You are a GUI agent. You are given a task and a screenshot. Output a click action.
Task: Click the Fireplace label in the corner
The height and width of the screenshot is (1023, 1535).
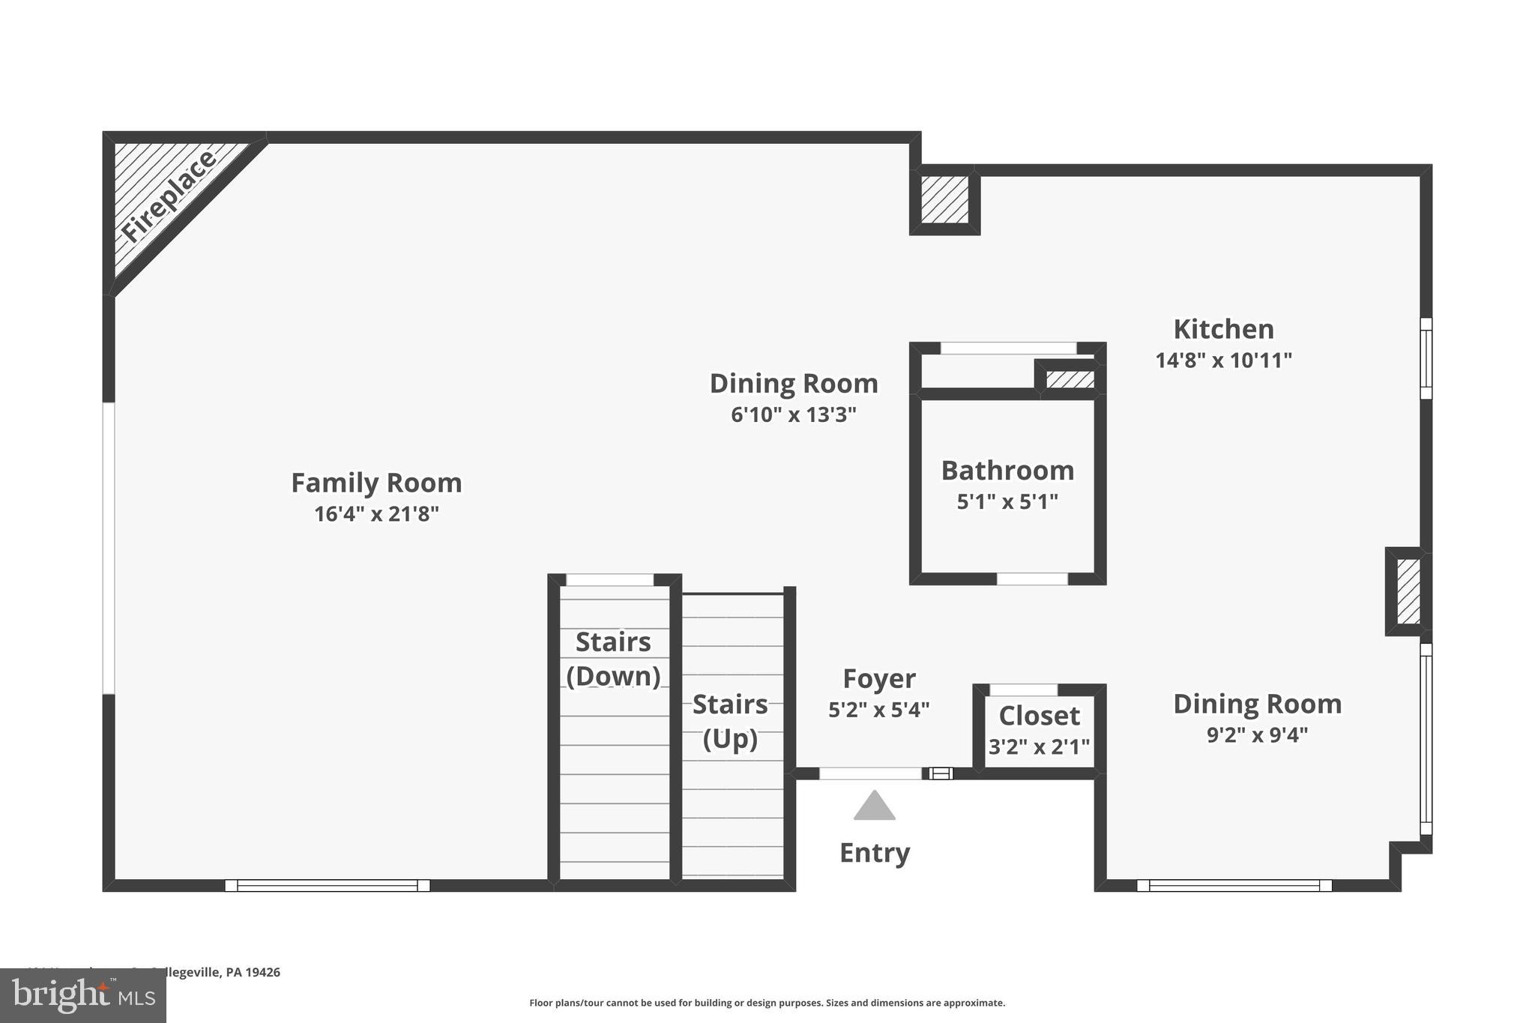169,196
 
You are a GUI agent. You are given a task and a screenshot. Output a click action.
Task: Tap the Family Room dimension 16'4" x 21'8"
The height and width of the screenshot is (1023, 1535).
376,514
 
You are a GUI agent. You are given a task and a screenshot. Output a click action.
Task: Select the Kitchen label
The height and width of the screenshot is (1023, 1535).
1223,329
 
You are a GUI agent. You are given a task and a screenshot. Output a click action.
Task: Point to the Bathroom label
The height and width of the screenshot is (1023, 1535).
1007,471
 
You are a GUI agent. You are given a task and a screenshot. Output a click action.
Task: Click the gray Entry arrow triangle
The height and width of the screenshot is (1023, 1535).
874,807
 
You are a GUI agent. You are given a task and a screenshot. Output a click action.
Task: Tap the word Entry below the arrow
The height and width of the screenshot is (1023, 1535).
874,853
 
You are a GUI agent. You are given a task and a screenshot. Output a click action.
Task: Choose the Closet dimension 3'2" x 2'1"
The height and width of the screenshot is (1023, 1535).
1039,747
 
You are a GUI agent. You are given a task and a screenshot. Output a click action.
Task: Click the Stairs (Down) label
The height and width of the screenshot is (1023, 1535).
613,659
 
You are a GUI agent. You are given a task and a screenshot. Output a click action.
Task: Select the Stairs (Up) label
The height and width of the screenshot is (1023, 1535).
730,721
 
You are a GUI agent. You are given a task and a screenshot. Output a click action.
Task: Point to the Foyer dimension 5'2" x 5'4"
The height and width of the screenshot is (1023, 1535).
878,710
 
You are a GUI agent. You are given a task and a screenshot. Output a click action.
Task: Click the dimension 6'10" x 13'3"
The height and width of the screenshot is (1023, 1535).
793,414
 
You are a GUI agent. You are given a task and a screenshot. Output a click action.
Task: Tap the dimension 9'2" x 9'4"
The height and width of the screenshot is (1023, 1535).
1257,734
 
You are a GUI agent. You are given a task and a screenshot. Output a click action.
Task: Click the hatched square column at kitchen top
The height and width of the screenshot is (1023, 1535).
944,199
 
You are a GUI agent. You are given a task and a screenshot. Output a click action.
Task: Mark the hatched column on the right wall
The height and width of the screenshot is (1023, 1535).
1408,591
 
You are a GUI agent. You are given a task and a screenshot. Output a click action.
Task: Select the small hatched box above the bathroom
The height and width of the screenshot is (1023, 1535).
1070,379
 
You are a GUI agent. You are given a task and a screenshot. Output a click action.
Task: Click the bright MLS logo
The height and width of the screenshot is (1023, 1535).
82,996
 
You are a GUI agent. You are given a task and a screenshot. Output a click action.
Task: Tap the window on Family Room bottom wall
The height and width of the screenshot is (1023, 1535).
328,885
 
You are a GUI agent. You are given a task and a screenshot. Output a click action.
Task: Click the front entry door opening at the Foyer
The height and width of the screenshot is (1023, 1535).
869,773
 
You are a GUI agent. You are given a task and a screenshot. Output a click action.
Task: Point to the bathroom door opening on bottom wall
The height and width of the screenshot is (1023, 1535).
1032,579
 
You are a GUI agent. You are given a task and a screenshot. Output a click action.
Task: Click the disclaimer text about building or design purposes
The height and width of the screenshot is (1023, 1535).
767,1003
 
